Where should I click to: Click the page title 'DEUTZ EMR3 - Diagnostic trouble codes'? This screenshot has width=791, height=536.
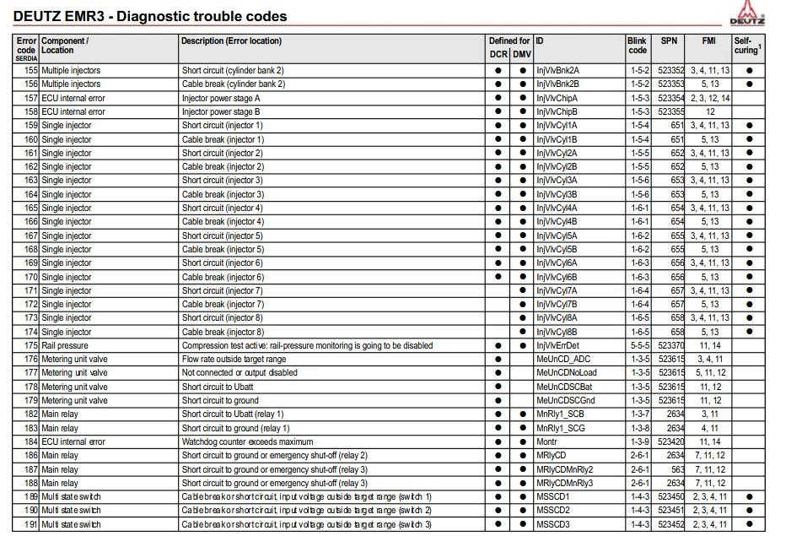[150, 16]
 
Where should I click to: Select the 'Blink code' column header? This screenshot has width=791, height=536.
[638, 46]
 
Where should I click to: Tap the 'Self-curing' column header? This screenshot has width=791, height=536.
[746, 46]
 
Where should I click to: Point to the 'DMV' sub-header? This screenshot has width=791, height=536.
[523, 55]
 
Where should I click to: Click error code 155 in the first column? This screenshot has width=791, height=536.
[30, 71]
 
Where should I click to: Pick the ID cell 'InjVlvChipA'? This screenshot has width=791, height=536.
[557, 98]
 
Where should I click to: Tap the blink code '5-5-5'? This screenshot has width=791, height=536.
[638, 346]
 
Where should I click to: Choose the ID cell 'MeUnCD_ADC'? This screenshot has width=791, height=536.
[563, 360]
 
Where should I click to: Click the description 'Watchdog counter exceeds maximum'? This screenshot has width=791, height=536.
[248, 441]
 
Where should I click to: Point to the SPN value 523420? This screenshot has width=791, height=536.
[671, 441]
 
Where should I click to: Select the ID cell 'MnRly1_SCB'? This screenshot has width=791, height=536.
[560, 414]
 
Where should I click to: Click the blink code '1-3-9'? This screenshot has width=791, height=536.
[638, 441]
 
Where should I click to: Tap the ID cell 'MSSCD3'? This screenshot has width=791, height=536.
[553, 525]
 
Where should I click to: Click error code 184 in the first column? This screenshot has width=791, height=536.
[30, 441]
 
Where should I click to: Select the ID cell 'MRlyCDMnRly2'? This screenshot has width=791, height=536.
[565, 469]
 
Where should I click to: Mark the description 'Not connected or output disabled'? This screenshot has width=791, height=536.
[239, 373]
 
